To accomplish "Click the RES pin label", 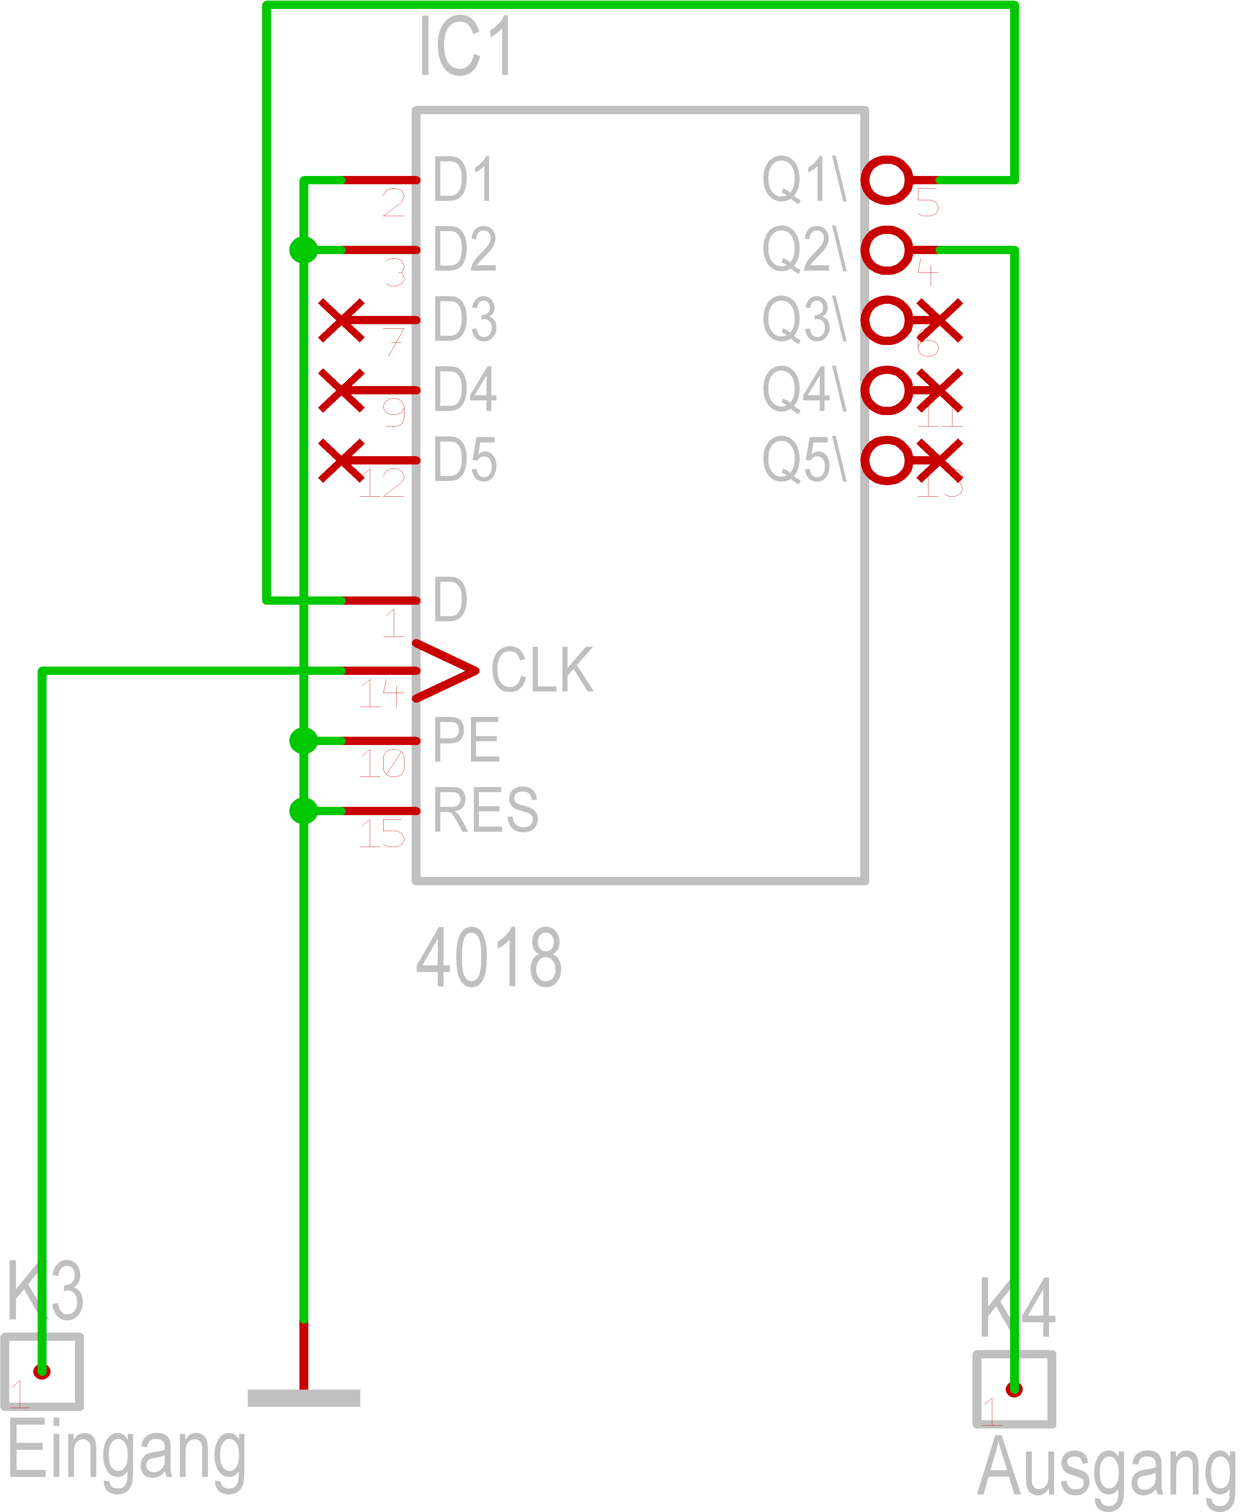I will coord(486,811).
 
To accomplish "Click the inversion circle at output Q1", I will coord(886,180).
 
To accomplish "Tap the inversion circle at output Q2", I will coord(886,250).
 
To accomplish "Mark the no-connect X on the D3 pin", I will coord(341,320).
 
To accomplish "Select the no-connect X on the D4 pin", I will coord(341,390).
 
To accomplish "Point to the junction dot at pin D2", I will coord(304,250).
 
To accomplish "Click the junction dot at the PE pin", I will coord(304,741).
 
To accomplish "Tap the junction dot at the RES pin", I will coord(304,811).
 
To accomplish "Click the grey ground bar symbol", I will coord(304,1398).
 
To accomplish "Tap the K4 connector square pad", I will coord(1014,1389).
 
